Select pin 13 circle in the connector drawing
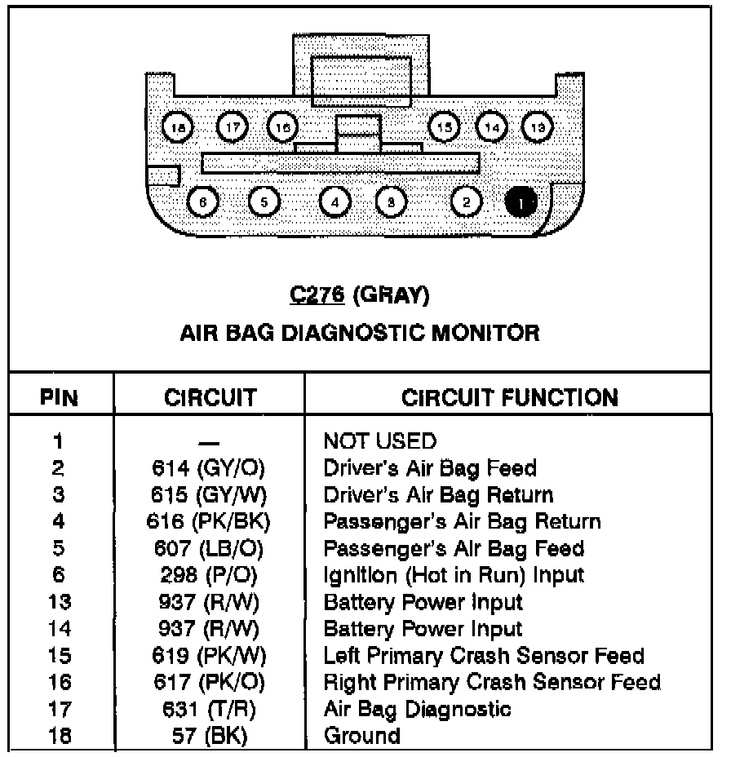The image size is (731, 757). pyautogui.click(x=538, y=126)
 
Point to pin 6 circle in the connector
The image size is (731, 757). pyautogui.click(x=202, y=201)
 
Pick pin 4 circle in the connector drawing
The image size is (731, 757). pyautogui.click(x=334, y=201)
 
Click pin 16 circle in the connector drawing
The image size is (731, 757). pyautogui.click(x=282, y=126)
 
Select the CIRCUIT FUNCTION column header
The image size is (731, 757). pyautogui.click(x=509, y=398)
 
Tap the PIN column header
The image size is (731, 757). pyautogui.click(x=60, y=399)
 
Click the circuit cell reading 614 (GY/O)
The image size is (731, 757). pyautogui.click(x=209, y=468)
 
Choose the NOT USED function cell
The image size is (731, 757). pyautogui.click(x=379, y=441)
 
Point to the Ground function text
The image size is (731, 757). pyautogui.click(x=362, y=736)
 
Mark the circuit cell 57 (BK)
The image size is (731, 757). pyautogui.click(x=209, y=736)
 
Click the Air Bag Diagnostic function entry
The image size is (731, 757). pyautogui.click(x=417, y=709)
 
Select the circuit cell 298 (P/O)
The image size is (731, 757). pyautogui.click(x=209, y=575)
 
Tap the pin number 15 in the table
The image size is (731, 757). pyautogui.click(x=60, y=656)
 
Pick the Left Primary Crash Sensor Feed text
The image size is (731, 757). pyautogui.click(x=484, y=656)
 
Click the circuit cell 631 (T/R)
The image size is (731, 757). pyautogui.click(x=209, y=709)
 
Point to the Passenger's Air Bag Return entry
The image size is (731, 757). pyautogui.click(x=462, y=522)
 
